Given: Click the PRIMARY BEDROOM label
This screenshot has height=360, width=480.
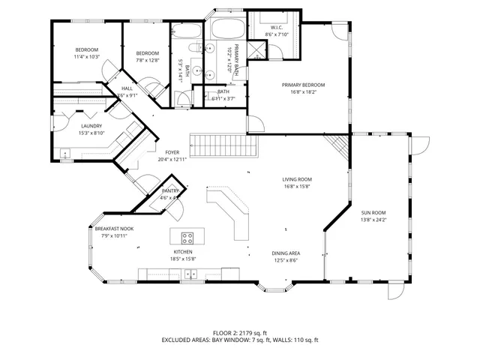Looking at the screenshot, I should [303, 85].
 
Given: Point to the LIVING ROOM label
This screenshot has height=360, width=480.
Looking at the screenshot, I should [297, 180].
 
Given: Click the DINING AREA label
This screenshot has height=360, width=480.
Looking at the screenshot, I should [286, 253].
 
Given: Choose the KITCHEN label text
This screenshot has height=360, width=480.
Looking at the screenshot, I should [184, 252].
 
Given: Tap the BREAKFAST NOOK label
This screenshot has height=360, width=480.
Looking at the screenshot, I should [115, 228].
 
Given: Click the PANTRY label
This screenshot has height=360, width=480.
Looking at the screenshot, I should [170, 192].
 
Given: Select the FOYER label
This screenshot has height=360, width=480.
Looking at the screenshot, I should [172, 152].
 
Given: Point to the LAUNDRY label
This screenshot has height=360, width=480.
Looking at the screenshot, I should [91, 126].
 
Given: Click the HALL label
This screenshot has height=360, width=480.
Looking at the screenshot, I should [127, 88].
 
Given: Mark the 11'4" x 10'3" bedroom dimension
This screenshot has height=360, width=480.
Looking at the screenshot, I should [86, 58].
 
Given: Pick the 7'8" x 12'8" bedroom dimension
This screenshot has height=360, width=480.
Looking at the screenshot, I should [148, 61].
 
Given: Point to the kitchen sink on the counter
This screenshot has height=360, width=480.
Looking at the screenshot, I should [192, 274].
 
